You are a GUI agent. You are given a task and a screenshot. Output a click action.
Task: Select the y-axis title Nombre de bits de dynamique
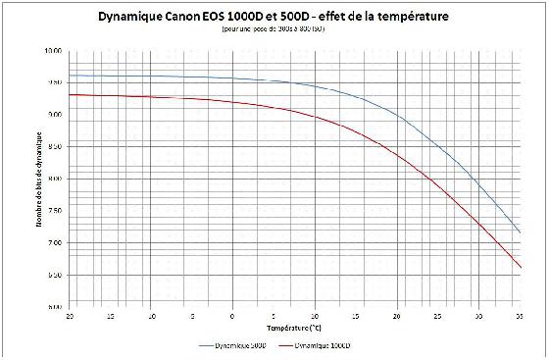40,179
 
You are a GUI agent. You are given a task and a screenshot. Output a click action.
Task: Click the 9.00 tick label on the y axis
53,115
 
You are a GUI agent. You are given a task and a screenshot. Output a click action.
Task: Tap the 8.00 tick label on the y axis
53,179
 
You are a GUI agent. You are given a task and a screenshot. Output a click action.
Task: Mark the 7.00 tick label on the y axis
53,242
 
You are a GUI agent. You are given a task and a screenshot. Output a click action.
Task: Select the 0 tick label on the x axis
232,317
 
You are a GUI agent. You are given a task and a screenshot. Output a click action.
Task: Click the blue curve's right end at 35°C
521,233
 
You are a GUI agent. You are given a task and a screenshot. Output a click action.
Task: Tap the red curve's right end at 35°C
521,268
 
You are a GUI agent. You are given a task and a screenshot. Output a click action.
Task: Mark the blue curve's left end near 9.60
69,76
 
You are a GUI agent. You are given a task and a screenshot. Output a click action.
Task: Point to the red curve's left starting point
69,94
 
